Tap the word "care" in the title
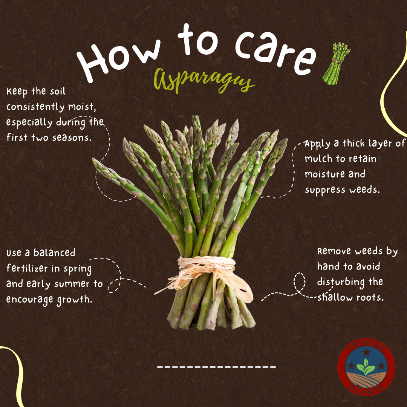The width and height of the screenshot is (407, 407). (x=275, y=52)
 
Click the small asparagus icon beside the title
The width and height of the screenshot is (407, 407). (x=336, y=64)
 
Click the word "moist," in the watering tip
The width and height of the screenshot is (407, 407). (x=82, y=107)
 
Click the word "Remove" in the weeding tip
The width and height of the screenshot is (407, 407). (x=335, y=251)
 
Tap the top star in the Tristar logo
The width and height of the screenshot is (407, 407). (x=366, y=352)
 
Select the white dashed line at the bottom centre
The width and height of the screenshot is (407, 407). (x=216, y=367)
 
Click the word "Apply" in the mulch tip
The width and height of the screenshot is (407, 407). (x=317, y=144)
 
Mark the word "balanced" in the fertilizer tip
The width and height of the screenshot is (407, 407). (x=54, y=252)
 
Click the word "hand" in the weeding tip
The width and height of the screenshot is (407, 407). (x=327, y=266)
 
